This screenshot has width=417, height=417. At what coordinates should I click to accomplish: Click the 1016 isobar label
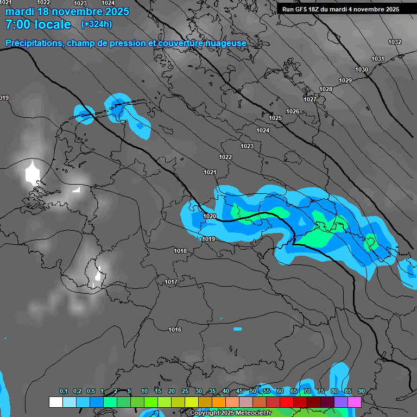tap(175, 330)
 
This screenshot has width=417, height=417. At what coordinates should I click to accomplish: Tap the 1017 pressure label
tap(171, 282)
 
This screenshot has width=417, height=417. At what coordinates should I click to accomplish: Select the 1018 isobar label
tap(181, 251)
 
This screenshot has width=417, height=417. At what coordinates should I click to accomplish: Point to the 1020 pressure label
tap(210, 216)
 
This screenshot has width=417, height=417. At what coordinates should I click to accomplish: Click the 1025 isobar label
tap(275, 118)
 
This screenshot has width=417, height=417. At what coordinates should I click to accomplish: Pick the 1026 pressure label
tap(293, 111)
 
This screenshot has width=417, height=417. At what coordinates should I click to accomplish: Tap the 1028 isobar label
tap(326, 89)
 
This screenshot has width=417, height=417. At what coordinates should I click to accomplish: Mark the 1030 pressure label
tap(362, 69)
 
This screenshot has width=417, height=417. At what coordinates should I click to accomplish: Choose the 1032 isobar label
tap(395, 42)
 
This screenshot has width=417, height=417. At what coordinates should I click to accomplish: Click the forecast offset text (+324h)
tap(97, 24)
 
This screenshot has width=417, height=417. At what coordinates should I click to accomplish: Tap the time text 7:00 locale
tap(38, 24)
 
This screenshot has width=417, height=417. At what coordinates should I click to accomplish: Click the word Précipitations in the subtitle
tap(34, 43)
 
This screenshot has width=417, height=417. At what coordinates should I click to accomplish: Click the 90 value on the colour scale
tap(362, 391)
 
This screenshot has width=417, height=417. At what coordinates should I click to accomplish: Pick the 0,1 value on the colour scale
tap(64, 391)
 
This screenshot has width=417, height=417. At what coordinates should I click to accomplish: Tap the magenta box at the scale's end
tap(355, 402)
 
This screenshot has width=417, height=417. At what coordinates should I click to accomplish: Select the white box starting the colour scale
tap(55, 402)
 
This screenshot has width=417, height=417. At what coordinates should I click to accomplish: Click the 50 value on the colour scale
tap(253, 391)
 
